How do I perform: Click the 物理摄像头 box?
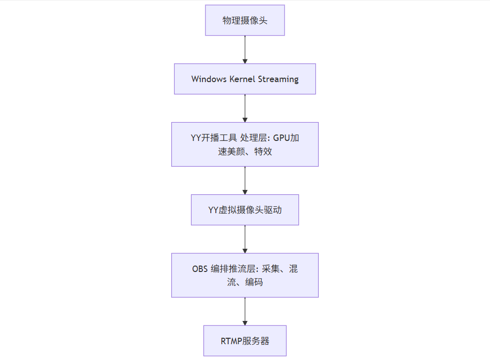click(245, 20)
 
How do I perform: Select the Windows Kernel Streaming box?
click(245, 79)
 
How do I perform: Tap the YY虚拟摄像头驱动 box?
click(245, 210)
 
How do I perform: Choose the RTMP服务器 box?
click(245, 341)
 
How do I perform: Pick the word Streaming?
click(280, 79)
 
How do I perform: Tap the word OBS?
click(200, 269)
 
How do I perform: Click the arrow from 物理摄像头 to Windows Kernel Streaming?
click(245, 49)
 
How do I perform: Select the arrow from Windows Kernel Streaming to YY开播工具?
click(245, 108)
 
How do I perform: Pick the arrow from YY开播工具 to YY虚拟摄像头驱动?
click(245, 180)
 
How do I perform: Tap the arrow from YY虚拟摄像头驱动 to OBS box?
click(245, 239)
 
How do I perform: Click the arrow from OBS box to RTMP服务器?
click(245, 311)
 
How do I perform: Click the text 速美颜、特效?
click(245, 151)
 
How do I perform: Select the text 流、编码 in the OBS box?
click(245, 282)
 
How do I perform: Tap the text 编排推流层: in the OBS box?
click(232, 269)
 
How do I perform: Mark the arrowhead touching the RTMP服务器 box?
click(245, 322)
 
